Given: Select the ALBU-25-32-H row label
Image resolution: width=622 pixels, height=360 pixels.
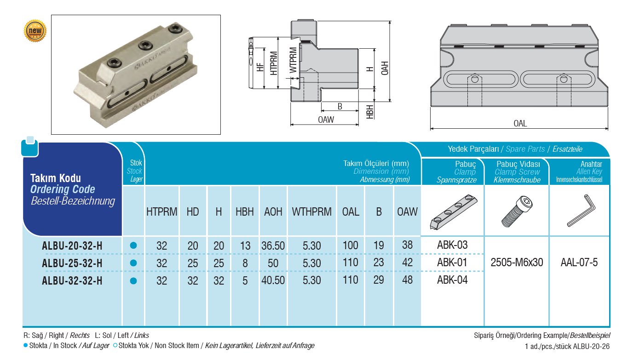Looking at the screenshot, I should point(72,263).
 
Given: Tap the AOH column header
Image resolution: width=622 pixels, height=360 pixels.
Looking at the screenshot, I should point(273,211).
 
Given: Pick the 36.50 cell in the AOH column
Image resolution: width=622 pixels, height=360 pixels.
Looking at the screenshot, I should point(273,246).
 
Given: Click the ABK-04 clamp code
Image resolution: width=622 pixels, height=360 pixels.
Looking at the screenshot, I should point(452,280).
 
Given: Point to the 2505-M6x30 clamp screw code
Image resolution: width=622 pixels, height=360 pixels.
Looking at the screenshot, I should point(516,263).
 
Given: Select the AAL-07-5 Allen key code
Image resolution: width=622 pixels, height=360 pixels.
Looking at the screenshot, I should point(579,263).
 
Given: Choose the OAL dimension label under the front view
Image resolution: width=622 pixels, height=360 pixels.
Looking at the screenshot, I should point(520,123).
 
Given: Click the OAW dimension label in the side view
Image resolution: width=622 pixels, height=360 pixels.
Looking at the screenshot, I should point(326,120).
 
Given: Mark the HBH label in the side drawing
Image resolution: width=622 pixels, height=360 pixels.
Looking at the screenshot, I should point(369,111).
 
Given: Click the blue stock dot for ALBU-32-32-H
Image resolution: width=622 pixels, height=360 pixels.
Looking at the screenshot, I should point(133,280).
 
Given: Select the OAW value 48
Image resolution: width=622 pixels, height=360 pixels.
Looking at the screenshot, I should point(407,280).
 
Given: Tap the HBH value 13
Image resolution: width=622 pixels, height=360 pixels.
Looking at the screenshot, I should point(245,246).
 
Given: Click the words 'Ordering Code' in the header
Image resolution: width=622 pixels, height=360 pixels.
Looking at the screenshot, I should point(63,189).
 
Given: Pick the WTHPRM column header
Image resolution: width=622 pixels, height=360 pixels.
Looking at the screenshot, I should point(311,211).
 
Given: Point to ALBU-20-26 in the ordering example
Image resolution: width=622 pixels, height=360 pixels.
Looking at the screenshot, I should point(590,346).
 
